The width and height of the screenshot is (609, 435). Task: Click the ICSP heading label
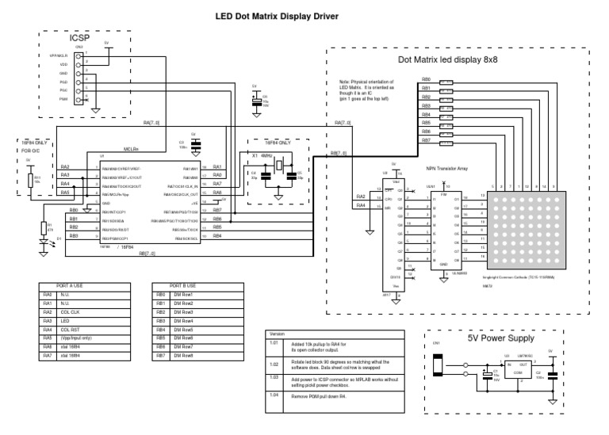click(80, 36)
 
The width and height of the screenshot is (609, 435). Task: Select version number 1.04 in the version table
click(275, 395)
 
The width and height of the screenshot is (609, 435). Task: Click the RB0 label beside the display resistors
click(426, 81)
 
